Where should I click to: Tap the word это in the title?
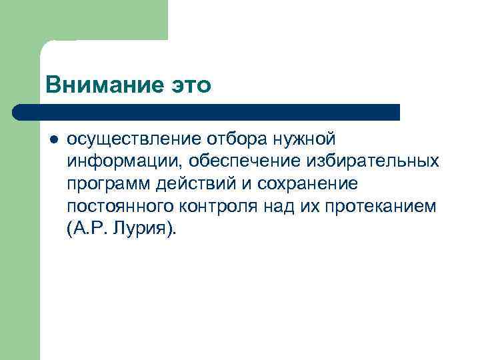pos(188,86)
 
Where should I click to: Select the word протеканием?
pos(383,207)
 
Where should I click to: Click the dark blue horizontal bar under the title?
pos(207,112)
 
